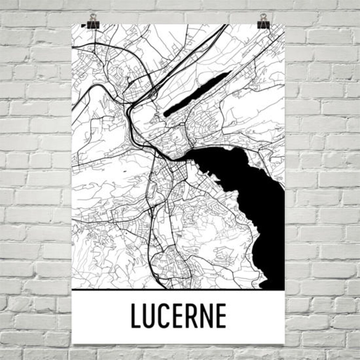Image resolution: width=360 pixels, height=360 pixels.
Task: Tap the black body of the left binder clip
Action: (x=93, y=24)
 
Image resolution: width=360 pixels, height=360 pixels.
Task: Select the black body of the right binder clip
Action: (x=264, y=24)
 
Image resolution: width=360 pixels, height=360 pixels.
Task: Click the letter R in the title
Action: (x=192, y=316)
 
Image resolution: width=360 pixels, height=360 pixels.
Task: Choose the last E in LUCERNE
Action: (x=221, y=316)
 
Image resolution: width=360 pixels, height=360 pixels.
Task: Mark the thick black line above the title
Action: (x=178, y=290)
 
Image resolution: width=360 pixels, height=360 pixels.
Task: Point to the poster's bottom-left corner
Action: (x=72, y=343)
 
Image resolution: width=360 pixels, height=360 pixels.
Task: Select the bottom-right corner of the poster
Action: (x=284, y=343)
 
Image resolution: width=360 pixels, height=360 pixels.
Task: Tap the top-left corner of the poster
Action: (x=72, y=24)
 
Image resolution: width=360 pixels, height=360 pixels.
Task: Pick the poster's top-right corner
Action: (x=284, y=24)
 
